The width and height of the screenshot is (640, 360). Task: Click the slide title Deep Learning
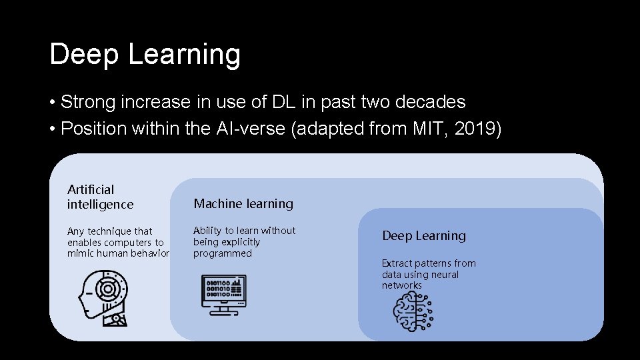(145, 55)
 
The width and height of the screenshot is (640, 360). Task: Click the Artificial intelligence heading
(100, 197)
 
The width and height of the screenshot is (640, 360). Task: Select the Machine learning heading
(243, 204)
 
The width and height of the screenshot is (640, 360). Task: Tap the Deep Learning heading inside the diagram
(424, 236)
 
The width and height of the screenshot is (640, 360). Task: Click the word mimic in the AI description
(79, 253)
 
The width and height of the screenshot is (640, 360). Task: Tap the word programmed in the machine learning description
(223, 253)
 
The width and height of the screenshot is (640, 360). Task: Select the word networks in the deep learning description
(402, 285)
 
